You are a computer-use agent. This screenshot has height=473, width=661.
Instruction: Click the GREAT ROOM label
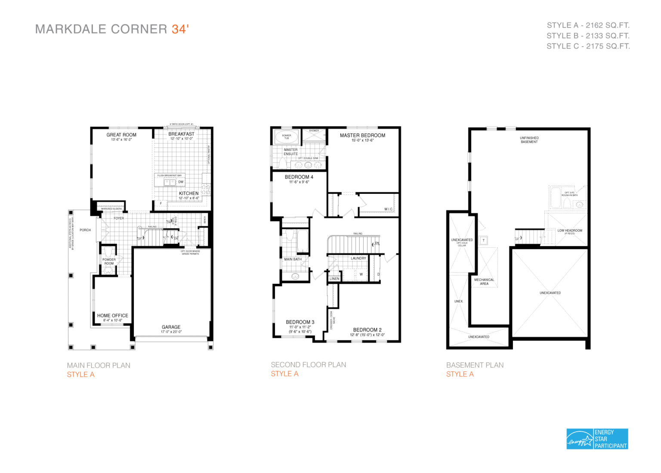[x=121, y=135]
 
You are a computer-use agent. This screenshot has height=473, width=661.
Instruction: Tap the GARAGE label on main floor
[x=171, y=327]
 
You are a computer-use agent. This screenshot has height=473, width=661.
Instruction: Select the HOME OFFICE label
[x=112, y=316]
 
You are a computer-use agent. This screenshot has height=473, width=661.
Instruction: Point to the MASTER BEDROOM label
[x=362, y=135]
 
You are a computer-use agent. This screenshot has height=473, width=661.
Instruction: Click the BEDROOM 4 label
[x=299, y=177]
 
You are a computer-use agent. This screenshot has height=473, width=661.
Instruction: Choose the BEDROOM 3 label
[x=300, y=322]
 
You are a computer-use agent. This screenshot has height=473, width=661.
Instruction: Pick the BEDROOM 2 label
[x=367, y=330]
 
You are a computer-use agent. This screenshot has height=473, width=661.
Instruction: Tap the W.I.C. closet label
[x=389, y=209]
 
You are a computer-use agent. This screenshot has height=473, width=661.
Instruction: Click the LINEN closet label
[x=334, y=279]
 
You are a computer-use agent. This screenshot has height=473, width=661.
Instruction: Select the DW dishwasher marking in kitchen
[x=181, y=182]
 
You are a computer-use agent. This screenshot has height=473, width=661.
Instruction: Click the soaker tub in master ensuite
[x=287, y=137]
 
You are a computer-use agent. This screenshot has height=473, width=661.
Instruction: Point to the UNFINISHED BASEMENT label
[x=529, y=140]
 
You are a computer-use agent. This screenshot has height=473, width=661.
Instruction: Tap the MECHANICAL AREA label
[x=484, y=282]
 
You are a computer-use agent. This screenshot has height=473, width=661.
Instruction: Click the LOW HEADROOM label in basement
[x=570, y=230]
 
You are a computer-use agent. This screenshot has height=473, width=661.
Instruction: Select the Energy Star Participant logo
[x=597, y=439]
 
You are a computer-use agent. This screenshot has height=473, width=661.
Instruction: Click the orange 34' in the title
[x=180, y=29]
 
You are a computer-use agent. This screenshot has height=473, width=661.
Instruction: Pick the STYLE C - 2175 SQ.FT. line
[x=588, y=46]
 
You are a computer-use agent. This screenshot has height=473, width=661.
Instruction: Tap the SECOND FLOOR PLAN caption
[x=308, y=365]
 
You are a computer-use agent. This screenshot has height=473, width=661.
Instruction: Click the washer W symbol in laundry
[x=361, y=274]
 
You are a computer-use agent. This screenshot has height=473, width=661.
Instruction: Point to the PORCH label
[x=85, y=230]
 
